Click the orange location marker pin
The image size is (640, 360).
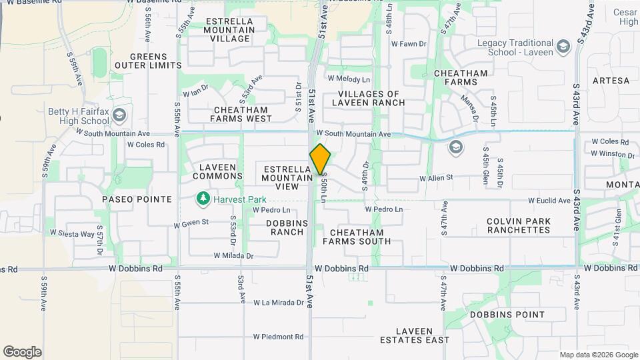coord(320,159)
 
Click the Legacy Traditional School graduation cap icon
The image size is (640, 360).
coord(563,45)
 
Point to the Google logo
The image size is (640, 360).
coord(22,352)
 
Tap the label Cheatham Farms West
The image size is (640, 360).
coord(241,114)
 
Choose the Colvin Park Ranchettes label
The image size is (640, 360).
coord(519,225)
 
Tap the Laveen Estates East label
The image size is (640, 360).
coord(414,335)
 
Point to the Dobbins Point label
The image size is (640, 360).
coord(507,315)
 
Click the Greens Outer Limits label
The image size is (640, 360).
coord(148,61)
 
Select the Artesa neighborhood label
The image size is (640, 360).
coord(611,81)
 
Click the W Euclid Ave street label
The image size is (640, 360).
coord(550,200)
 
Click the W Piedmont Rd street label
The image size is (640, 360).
coord(279,337)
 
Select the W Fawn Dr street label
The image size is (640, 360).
coord(408,44)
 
